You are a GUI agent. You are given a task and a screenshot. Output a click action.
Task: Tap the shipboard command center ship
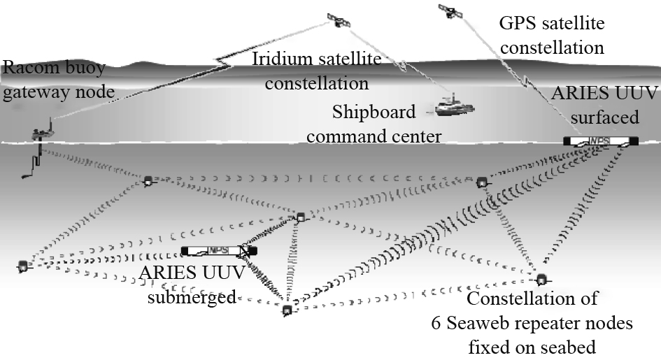tap(454, 106)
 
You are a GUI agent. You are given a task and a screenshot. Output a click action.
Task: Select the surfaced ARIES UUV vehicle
tap(600, 141)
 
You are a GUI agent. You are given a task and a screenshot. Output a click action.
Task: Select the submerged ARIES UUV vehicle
tap(219, 250)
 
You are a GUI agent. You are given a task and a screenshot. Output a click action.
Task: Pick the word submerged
tap(185, 296)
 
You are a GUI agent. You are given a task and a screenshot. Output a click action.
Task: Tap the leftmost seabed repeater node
tap(23, 266)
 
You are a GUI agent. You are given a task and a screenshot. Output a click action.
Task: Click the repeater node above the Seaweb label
tap(540, 279)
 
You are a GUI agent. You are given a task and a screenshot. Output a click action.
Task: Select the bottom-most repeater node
tap(286, 310)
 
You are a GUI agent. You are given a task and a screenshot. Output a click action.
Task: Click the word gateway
tap(29, 92)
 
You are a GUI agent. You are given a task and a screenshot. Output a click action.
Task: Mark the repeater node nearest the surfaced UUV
tap(481, 182)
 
